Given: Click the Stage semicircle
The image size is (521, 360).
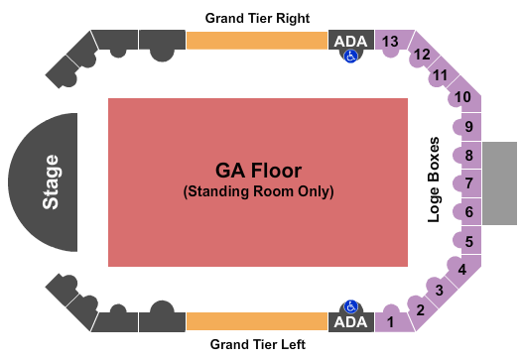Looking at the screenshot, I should pyautogui.click(x=48, y=182).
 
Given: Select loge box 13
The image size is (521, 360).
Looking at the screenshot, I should pyautogui.click(x=391, y=41).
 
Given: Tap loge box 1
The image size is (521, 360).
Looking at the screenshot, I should pyautogui.click(x=391, y=321).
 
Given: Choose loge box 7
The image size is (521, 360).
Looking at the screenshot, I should pyautogui.click(x=469, y=183).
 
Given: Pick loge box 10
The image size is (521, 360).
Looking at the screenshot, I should pyautogui.click(x=462, y=97).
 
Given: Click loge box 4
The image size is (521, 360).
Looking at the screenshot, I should pyautogui.click(x=460, y=269).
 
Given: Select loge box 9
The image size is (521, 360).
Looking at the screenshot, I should pyautogui.click(x=469, y=126).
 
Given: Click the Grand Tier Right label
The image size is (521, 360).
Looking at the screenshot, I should pyautogui.click(x=257, y=18).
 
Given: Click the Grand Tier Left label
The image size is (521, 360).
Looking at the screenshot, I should pyautogui.click(x=257, y=344).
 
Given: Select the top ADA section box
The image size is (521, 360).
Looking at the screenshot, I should pyautogui.click(x=350, y=40).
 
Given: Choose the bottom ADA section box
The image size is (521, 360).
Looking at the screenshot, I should pyautogui.click(x=350, y=322).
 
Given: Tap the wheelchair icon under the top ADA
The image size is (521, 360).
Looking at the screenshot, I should pyautogui.click(x=350, y=57).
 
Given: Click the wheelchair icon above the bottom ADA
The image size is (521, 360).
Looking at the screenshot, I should pyautogui.click(x=350, y=306).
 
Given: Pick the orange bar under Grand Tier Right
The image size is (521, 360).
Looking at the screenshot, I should pyautogui.click(x=256, y=40).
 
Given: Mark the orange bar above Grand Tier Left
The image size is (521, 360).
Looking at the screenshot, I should pyautogui.click(x=256, y=321).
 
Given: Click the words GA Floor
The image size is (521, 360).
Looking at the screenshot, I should pyautogui.click(x=257, y=169).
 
